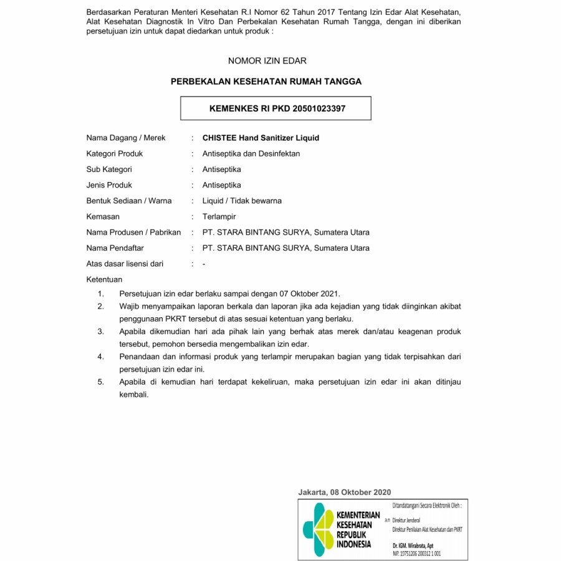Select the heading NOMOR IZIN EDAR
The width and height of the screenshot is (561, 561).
267,61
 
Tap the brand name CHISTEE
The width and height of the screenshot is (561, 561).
220,138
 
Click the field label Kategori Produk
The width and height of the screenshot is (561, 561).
115,153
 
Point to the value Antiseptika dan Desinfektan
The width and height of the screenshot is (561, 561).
251,153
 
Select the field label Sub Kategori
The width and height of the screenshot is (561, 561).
109,170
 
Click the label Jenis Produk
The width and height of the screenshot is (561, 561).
109,185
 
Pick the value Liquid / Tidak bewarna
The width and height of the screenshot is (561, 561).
242,201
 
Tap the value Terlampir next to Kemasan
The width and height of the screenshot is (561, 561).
219,216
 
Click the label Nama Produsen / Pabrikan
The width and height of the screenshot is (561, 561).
133,233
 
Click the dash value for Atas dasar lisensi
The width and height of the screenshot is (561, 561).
204,264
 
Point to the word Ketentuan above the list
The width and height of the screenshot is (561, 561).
104,279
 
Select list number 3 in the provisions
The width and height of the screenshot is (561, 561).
100,331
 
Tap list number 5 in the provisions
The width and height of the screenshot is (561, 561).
100,381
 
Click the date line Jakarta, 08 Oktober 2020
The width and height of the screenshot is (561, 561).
345,492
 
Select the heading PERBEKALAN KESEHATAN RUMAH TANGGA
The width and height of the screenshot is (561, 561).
266,81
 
